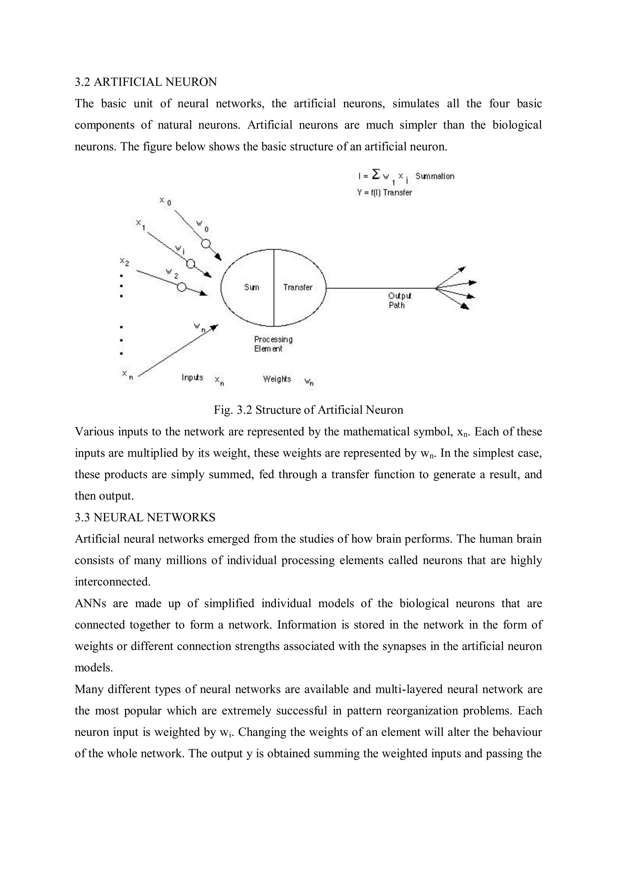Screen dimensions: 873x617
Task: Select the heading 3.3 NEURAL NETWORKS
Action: [145, 517]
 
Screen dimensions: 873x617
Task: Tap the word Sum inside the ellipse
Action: [251, 287]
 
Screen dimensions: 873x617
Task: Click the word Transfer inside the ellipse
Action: [298, 287]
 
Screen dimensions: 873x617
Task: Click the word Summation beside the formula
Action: [434, 176]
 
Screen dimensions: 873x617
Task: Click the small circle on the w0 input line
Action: [206, 243]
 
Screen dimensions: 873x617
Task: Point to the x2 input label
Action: [124, 262]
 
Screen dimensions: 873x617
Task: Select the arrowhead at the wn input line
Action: [215, 327]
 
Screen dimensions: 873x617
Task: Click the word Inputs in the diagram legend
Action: [193, 378]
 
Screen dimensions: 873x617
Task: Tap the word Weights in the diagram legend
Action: [277, 379]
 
